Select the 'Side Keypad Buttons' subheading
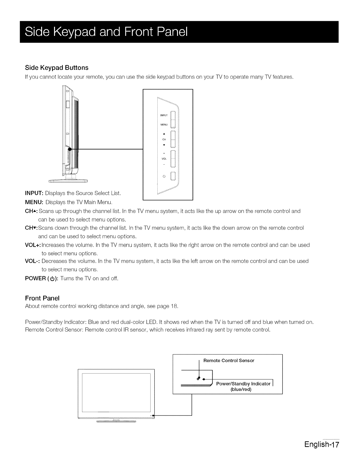click(x=57, y=68)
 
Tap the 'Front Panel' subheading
click(x=42, y=298)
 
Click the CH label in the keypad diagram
click(x=164, y=140)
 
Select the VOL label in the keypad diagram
click(x=164, y=159)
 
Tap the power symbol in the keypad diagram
click(x=164, y=176)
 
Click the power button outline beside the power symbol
click(x=173, y=176)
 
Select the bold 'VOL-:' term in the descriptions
click(x=33, y=261)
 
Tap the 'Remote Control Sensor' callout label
click(x=229, y=361)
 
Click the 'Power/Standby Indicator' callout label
click(x=243, y=384)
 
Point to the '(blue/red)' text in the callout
click(x=241, y=389)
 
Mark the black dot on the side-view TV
click(x=69, y=149)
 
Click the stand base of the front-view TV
click(x=116, y=421)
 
